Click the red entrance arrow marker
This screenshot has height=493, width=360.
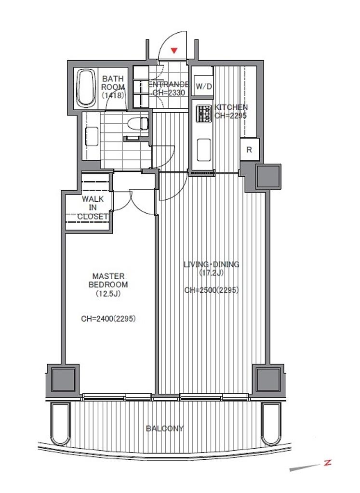(x=174, y=50)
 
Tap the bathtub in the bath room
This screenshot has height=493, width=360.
(x=86, y=88)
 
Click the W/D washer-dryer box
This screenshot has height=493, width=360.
(x=204, y=86)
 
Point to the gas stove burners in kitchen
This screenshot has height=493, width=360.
(x=203, y=114)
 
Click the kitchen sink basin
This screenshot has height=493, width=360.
(x=203, y=150)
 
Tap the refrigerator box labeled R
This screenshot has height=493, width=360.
(x=250, y=150)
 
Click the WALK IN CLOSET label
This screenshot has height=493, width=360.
(x=93, y=208)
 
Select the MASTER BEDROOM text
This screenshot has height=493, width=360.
(x=108, y=281)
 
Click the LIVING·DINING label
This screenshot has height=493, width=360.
(x=212, y=264)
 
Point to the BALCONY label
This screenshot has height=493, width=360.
(x=165, y=428)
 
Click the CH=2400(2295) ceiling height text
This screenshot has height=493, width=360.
(x=108, y=319)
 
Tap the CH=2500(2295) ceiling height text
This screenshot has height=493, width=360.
(x=212, y=290)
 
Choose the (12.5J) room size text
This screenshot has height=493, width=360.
(x=108, y=294)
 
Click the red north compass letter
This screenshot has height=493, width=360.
(x=328, y=463)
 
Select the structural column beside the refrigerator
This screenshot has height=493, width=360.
(x=268, y=177)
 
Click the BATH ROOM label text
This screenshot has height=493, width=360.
(x=113, y=87)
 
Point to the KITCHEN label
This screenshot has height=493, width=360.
(x=231, y=107)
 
